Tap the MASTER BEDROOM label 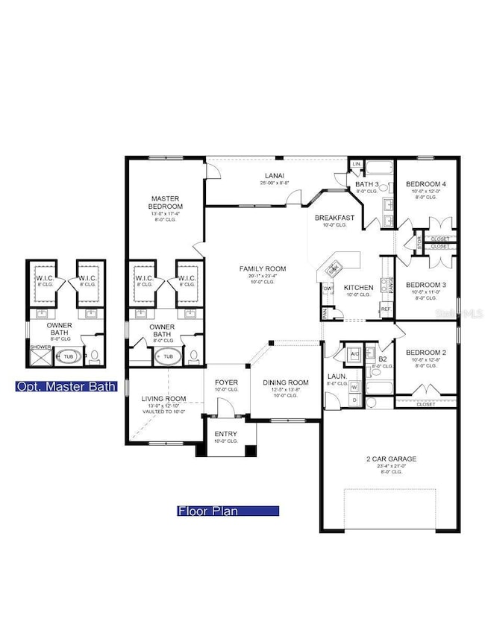point(166,201)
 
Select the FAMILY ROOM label point(263,268)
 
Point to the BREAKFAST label point(332,217)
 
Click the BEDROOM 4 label point(426,184)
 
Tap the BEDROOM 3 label point(426,285)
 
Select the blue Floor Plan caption point(228,511)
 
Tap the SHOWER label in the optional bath point(39,347)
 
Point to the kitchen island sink point(334,266)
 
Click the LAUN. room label point(334,376)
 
